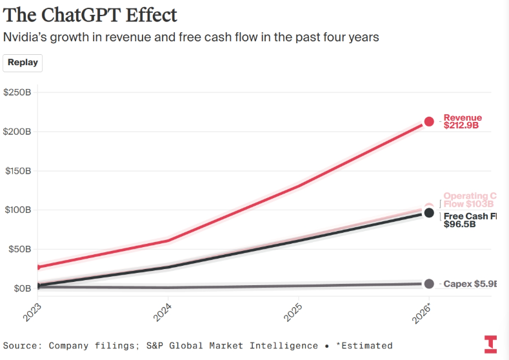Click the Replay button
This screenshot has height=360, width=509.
coord(23,63)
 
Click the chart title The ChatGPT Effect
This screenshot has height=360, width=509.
coord(90,14)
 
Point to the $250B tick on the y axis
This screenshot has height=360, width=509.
coord(17,92)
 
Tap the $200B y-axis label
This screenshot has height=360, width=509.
coord(17,132)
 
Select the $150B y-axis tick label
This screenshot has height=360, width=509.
coord(17,171)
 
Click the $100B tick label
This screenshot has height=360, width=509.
coord(17,210)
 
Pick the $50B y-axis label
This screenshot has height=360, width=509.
coord(19,249)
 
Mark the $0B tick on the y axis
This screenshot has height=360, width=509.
coord(21,288)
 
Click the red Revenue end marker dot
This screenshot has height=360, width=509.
coord(429,121)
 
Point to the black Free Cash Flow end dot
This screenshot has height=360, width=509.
coord(429,212)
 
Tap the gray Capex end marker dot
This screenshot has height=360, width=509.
coord(429,284)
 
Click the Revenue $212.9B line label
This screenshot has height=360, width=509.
coord(463,122)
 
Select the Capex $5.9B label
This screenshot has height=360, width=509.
coord(471,284)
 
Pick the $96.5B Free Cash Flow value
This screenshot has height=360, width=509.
coord(460,225)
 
